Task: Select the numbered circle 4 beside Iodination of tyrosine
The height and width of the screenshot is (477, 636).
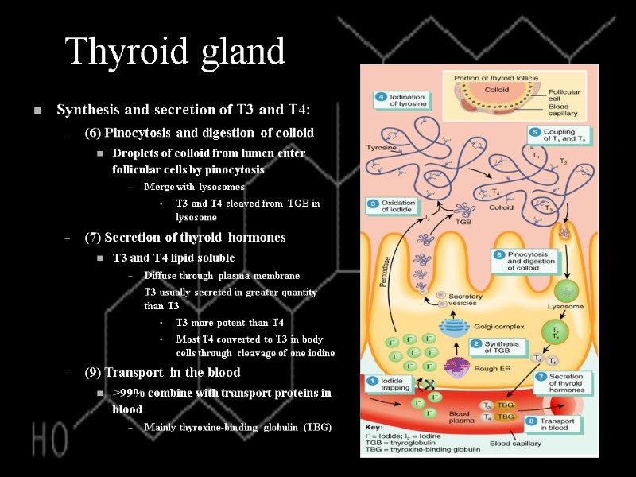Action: [382, 97]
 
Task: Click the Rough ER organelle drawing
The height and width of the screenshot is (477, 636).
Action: [457, 366]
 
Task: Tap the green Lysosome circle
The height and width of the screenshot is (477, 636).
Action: [566, 290]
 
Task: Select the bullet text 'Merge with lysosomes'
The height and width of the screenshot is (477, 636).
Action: [195, 187]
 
